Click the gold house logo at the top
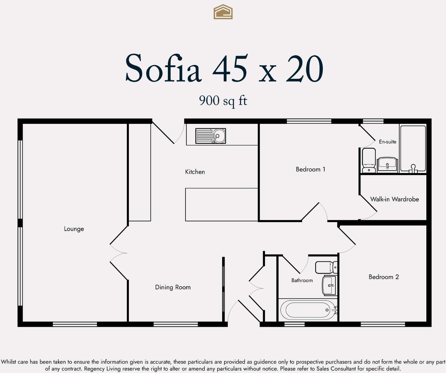[223, 12]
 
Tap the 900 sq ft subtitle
[223, 100]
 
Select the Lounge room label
[74, 229]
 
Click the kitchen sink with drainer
[210, 136]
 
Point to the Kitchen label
[195, 172]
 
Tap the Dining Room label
[173, 287]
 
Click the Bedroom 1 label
[310, 169]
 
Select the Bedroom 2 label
[384, 277]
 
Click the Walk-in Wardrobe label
[394, 199]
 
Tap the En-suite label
[387, 142]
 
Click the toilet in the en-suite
[369, 160]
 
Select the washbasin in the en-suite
[387, 164]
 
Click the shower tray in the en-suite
[413, 149]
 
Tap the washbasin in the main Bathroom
[329, 285]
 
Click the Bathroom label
[302, 280]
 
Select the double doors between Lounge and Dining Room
[119, 253]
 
